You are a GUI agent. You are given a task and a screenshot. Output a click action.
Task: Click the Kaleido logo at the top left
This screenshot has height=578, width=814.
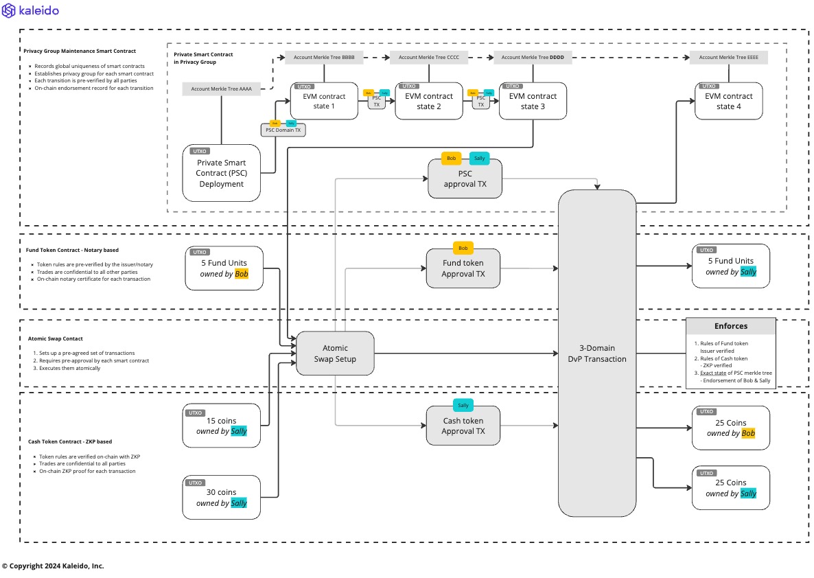tap(31, 11)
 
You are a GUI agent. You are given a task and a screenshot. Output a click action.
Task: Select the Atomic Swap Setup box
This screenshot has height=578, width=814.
tap(335, 354)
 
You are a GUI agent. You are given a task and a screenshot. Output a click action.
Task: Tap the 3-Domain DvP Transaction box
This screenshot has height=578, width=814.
tap(596, 354)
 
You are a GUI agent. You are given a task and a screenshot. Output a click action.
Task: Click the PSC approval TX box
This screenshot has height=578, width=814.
tap(465, 179)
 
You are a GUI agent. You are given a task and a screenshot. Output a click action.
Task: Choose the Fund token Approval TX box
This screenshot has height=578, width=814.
tap(463, 268)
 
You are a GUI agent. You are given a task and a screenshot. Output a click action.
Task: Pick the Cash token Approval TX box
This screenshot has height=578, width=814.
tap(463, 426)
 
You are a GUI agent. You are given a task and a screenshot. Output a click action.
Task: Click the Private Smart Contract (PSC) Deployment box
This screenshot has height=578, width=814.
tap(222, 173)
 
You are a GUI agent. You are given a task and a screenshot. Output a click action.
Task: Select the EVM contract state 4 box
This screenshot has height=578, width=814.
tap(728, 102)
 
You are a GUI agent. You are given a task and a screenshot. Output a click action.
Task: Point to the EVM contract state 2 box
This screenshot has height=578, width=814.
tap(429, 102)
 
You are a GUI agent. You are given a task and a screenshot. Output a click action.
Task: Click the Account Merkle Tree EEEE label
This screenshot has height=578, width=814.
tap(728, 58)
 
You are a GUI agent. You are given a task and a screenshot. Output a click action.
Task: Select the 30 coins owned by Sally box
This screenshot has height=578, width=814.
tap(222, 498)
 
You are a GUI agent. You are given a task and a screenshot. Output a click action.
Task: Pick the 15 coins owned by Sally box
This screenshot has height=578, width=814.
tap(222, 426)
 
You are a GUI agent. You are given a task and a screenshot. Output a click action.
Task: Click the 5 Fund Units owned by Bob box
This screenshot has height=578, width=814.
tap(224, 268)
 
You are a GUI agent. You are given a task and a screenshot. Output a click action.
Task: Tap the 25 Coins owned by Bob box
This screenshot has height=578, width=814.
tap(731, 428)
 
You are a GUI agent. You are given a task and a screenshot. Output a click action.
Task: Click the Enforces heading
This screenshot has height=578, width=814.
tap(731, 326)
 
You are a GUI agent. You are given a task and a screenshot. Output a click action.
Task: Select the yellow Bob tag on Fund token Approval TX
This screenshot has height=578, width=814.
tap(463, 248)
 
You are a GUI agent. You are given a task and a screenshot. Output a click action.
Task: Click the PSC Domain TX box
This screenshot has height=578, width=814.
tap(283, 130)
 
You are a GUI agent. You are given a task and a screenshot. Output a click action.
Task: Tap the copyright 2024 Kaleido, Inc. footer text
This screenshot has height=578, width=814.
tap(53, 566)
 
